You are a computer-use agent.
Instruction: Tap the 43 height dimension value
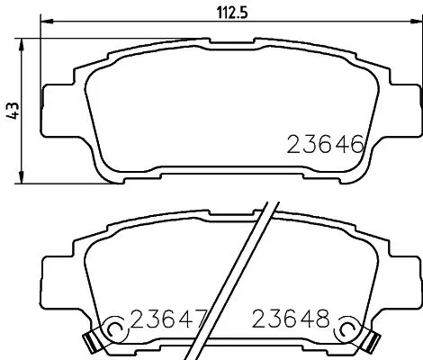(x=12, y=110)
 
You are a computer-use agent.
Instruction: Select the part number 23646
(x=325, y=144)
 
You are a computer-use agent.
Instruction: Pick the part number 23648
(x=292, y=319)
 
